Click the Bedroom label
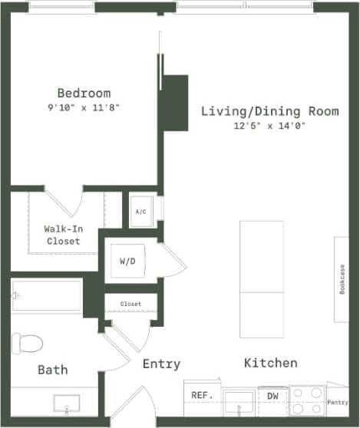[x=83, y=93]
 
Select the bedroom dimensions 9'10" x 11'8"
[x=83, y=108]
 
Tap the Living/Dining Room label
[x=269, y=111]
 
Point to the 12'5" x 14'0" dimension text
[x=269, y=126]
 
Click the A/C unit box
[x=141, y=211]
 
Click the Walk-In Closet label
[x=62, y=235]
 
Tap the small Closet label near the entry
[x=130, y=304]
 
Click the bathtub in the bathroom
[x=47, y=296]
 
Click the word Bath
[x=53, y=370]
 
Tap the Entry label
[x=161, y=364]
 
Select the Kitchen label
[x=271, y=362]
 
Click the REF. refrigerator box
[x=202, y=396]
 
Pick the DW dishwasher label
[x=272, y=396]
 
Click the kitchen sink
[x=243, y=399]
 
